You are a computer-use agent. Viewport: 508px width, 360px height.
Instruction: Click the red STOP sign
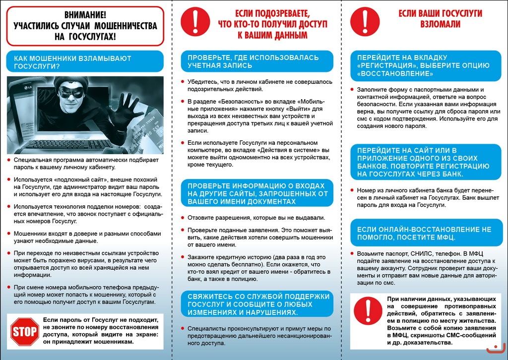(x=25, y=331)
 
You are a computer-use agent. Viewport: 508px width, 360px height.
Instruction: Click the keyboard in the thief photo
(x=67, y=144)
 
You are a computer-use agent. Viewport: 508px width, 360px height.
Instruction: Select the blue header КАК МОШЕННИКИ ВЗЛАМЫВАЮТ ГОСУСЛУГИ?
(x=84, y=61)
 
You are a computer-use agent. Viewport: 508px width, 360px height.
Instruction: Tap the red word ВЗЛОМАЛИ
(x=440, y=24)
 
